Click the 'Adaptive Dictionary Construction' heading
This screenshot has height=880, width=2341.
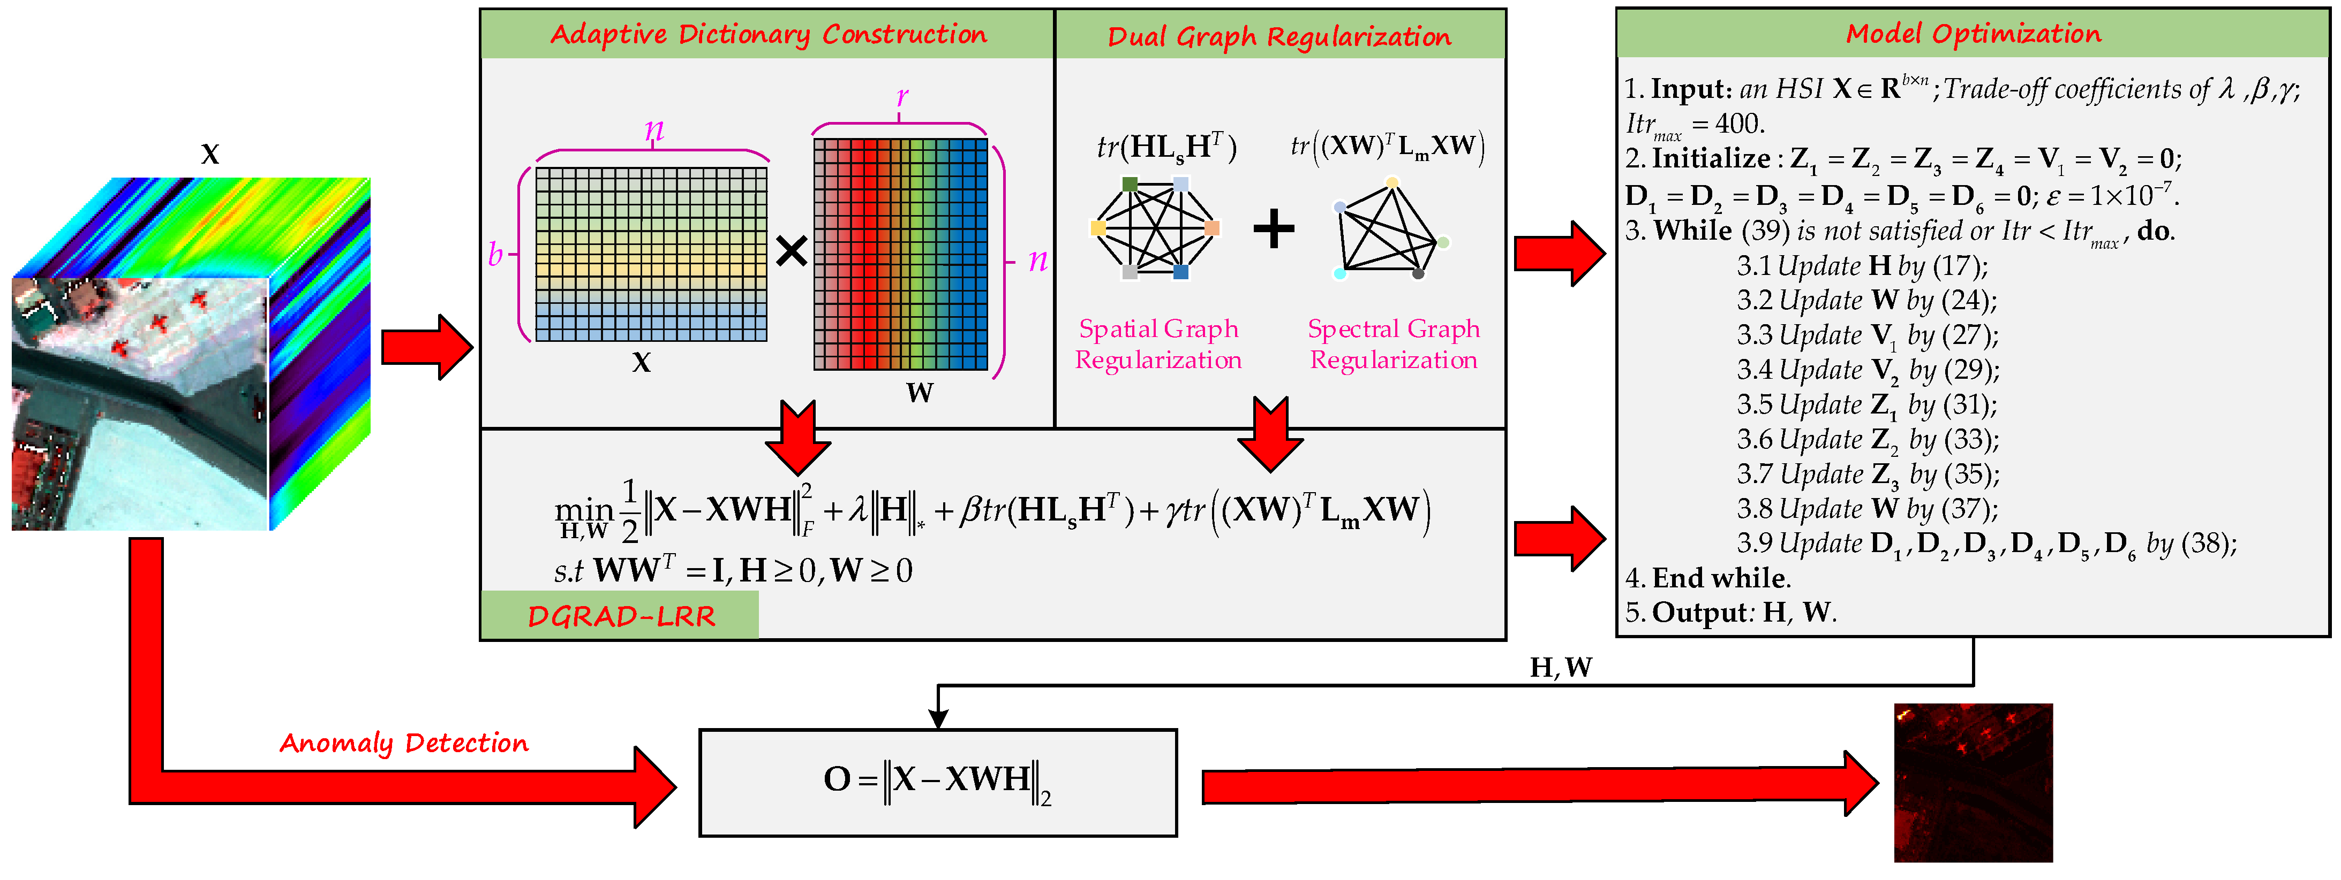point(768,35)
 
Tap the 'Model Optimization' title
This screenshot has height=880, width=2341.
point(1973,34)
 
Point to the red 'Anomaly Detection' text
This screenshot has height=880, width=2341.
point(403,743)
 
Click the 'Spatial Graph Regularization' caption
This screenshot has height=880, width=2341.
point(1158,344)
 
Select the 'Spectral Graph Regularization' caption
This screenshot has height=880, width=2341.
point(1393,344)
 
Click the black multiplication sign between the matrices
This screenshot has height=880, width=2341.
point(792,251)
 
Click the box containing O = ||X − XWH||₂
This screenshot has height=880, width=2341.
point(938,782)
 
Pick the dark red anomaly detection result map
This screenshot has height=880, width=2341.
point(1973,782)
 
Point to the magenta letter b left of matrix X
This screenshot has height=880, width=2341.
point(495,254)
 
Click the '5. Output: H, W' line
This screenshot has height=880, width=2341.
point(1730,612)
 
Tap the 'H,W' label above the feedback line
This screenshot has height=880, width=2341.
point(1560,668)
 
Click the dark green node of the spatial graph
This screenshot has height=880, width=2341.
point(1130,185)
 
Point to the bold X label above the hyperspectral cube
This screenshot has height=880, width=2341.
point(210,155)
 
